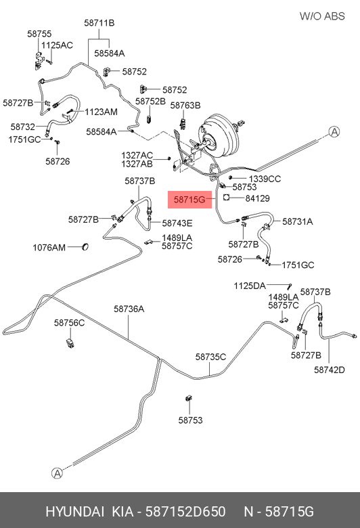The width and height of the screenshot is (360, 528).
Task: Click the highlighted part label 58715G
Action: [x=189, y=200]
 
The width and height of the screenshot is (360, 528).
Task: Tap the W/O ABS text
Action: [x=322, y=16]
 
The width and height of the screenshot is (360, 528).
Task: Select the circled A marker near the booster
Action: [x=334, y=132]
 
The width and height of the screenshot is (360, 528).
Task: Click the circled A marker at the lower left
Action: [x=58, y=473]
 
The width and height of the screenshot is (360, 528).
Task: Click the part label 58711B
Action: [x=99, y=23]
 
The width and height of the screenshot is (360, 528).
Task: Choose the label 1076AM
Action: [x=49, y=248]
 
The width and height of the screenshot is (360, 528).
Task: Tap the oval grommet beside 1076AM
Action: [x=85, y=247]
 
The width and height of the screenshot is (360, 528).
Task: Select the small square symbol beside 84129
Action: [x=226, y=198]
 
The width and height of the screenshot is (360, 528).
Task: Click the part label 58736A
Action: [x=129, y=309]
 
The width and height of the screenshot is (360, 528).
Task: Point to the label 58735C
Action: [x=211, y=357]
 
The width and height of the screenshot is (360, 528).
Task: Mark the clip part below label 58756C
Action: [x=70, y=343]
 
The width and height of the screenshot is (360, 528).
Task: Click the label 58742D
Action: [x=330, y=370]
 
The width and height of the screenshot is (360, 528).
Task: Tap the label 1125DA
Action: [x=250, y=286]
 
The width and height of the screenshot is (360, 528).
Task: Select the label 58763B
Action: [x=185, y=106]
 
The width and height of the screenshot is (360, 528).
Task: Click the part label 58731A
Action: [x=297, y=221]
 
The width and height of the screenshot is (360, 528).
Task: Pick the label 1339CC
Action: [x=265, y=179]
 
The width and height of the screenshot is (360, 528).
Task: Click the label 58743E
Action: [x=177, y=223]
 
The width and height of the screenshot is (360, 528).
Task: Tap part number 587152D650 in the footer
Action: [x=185, y=512]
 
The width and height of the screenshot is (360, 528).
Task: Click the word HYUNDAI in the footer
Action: [x=74, y=512]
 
